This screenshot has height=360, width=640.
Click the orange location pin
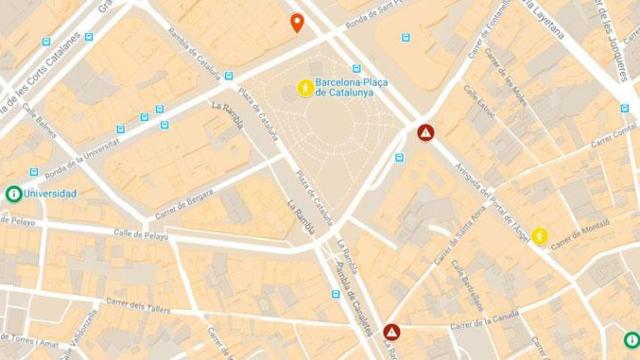click(297, 22)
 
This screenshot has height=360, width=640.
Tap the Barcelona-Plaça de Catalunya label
click(352, 87)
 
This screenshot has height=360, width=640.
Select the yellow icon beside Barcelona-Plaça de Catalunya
click(304, 88)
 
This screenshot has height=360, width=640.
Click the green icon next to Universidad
click(13, 194)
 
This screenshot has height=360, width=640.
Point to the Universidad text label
click(51, 194)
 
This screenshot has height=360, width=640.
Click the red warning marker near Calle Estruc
click(425, 132)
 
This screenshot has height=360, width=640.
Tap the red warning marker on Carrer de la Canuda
click(391, 331)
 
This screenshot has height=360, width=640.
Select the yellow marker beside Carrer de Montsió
click(540, 236)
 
